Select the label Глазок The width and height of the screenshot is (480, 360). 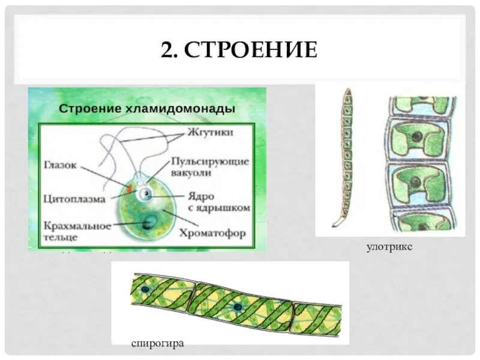(61, 166)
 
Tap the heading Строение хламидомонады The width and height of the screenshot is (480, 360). (146, 109)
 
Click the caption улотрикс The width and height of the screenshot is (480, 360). (389, 247)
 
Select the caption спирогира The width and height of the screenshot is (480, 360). (157, 343)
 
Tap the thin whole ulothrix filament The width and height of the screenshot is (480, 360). (346, 156)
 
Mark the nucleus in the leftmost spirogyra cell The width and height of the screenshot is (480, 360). (145, 290)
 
